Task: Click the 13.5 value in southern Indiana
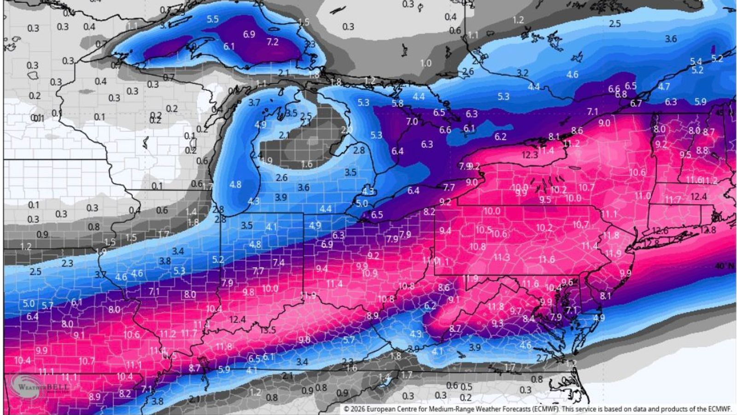[x=268, y=330]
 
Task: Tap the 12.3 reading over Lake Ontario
[x=530, y=155]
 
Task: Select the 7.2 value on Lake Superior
[x=273, y=42]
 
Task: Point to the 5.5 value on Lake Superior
[x=213, y=19]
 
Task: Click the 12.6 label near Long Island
[x=660, y=231]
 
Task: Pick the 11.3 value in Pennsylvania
[x=502, y=258]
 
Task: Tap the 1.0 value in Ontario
[x=426, y=63]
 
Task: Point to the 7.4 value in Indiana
[x=278, y=262]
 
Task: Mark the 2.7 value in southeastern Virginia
[x=542, y=358]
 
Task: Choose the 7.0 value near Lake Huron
[x=412, y=122]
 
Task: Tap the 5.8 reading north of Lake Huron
[x=398, y=104]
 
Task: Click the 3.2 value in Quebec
[x=522, y=73]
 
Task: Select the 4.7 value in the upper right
[x=664, y=87]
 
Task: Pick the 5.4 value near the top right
[x=696, y=61]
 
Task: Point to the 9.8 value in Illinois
[x=248, y=292]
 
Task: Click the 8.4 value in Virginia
[x=529, y=319]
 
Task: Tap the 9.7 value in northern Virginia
[x=515, y=311]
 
